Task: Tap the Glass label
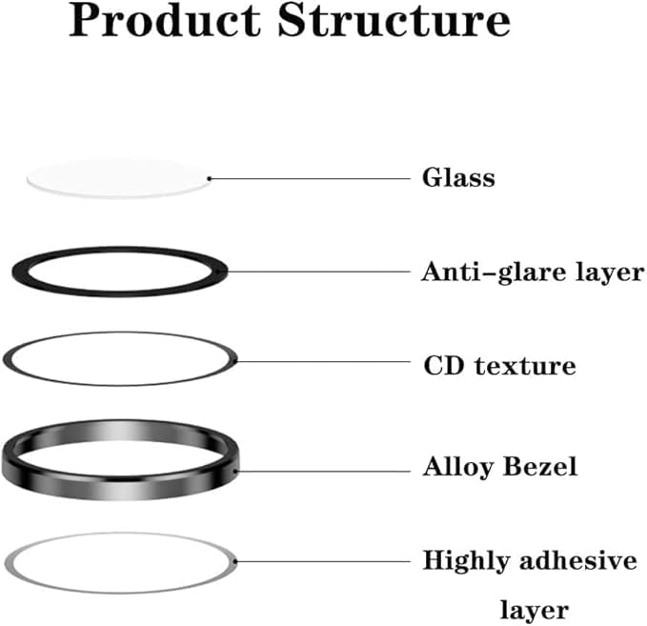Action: pos(458,177)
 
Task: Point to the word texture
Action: pos(524,365)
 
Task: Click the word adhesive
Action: pos(580,560)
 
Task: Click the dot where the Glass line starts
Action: pos(209,178)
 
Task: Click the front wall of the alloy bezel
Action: pos(119,475)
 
